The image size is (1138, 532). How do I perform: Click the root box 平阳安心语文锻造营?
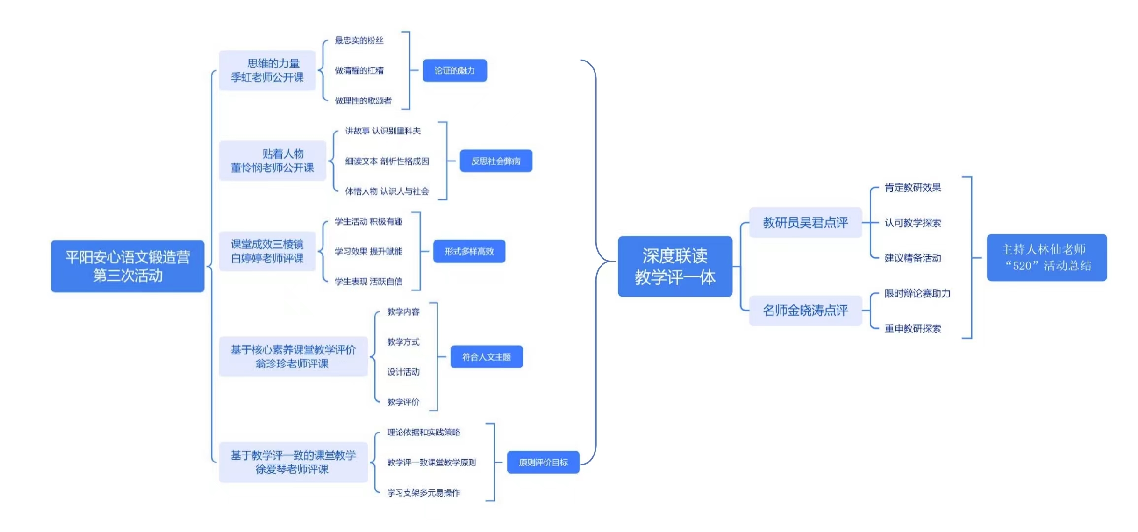(x=128, y=266)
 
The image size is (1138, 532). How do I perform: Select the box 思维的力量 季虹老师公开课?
(x=267, y=70)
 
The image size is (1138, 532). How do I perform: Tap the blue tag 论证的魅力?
(x=455, y=70)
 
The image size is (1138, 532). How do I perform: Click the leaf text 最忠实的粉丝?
(x=359, y=40)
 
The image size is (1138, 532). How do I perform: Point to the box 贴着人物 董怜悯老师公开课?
(x=272, y=161)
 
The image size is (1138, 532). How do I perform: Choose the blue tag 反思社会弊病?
(x=496, y=161)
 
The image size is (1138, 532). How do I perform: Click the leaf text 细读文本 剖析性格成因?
(x=387, y=161)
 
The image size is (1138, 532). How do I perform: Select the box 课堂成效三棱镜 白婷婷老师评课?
(x=267, y=251)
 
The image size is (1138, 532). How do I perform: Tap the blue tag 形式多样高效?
(x=469, y=251)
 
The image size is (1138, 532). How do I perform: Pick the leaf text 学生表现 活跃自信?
(x=368, y=281)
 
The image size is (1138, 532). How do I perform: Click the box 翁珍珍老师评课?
(x=293, y=357)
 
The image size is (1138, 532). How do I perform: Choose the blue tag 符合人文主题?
(x=486, y=357)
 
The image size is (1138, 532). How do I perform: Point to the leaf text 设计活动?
(x=403, y=372)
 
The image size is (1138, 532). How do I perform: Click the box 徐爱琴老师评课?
(x=293, y=462)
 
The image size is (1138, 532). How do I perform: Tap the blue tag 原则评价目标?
(x=543, y=462)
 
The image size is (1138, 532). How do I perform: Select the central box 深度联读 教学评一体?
(x=675, y=266)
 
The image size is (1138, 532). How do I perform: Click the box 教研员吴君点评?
(x=805, y=223)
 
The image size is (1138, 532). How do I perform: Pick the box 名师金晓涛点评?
(x=805, y=310)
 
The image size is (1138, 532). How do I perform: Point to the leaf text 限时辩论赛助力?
(x=917, y=293)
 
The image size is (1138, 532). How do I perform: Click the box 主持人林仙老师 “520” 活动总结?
(x=1047, y=258)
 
